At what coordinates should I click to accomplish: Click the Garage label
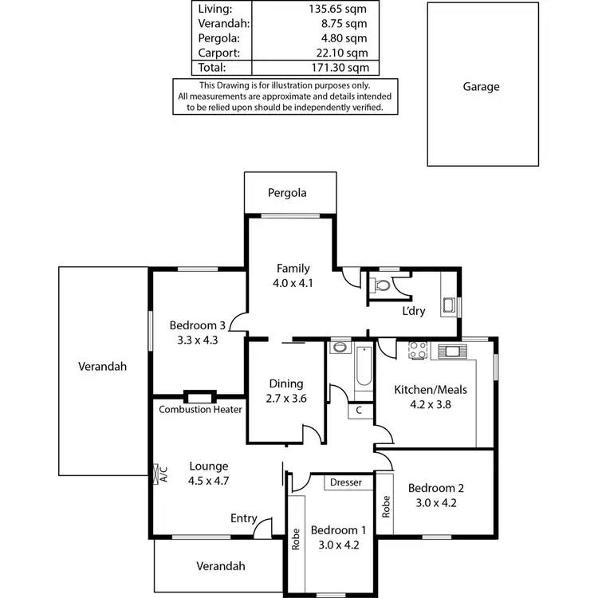click(481, 87)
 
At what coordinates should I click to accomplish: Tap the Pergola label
click(287, 193)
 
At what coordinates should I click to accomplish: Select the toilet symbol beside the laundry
click(382, 285)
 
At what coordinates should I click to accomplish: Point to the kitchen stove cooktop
click(418, 349)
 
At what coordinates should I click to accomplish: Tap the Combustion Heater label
click(200, 410)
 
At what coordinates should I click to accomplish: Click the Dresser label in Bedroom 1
click(345, 482)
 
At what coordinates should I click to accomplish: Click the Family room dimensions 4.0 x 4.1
click(293, 282)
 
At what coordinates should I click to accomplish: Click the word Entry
click(243, 519)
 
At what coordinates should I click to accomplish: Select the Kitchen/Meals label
click(431, 390)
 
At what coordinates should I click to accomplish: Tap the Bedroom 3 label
click(198, 325)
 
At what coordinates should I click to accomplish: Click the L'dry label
click(413, 311)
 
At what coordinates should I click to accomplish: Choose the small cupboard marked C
click(359, 411)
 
